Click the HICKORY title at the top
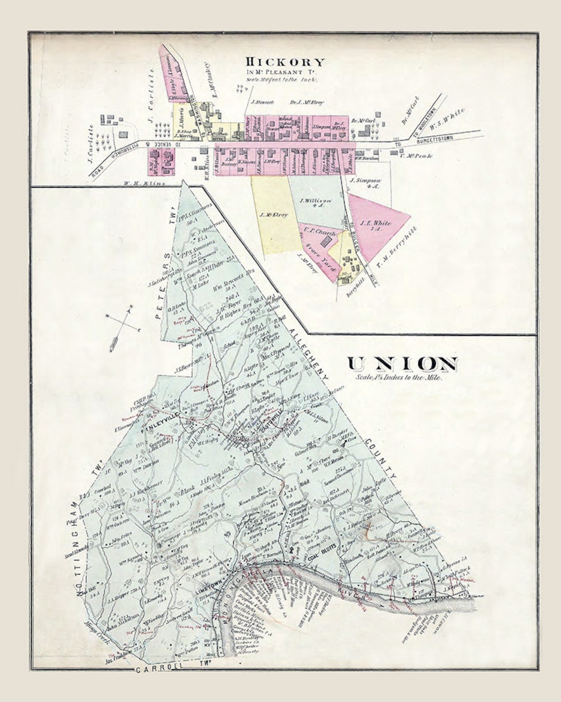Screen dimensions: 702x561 (x=285, y=62)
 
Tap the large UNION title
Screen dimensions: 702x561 (x=403, y=364)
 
